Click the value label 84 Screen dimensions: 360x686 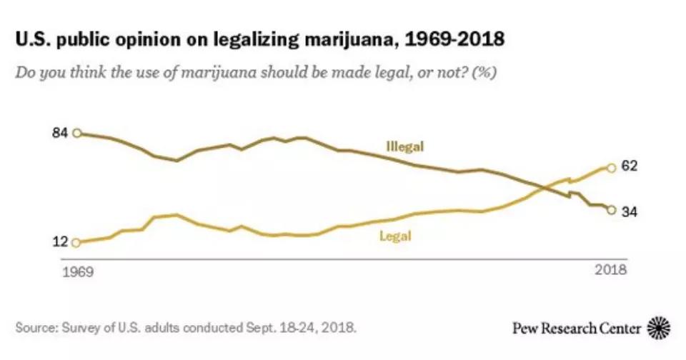tap(61, 133)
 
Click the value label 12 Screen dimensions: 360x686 tap(61, 242)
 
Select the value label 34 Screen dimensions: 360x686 tap(630, 211)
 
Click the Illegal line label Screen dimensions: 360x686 tap(404, 146)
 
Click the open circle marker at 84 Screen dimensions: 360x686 tap(77, 133)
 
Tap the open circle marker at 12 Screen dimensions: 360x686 tap(77, 242)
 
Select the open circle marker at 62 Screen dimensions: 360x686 tap(611, 168)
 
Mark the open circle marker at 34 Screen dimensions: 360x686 tap(611, 209)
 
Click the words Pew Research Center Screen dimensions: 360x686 tap(576, 329)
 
